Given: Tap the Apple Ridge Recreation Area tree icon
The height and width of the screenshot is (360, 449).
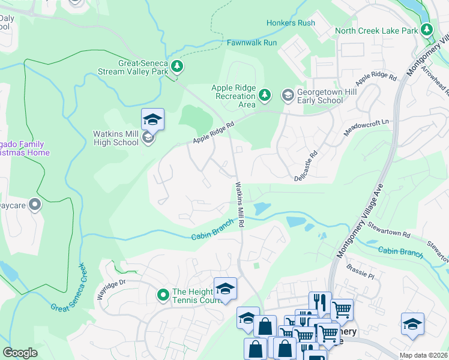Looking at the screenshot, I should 265,95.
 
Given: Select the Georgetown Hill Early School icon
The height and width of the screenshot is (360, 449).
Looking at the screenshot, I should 288,95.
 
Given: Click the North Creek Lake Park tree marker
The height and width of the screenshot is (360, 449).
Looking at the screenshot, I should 426,29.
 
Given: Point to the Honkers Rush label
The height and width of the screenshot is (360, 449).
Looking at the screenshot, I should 291,23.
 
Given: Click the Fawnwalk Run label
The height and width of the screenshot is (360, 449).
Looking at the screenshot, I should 252,43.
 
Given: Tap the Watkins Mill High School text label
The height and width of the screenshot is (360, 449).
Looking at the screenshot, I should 116,138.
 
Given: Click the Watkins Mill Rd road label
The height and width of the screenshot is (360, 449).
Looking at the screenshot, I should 240,205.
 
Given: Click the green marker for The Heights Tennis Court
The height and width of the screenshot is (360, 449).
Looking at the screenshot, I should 163,295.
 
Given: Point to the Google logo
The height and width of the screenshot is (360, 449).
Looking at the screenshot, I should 20,353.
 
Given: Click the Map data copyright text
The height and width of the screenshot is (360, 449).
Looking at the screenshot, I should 424,355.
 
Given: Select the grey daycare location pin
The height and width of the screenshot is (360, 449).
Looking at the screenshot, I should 35,205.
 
